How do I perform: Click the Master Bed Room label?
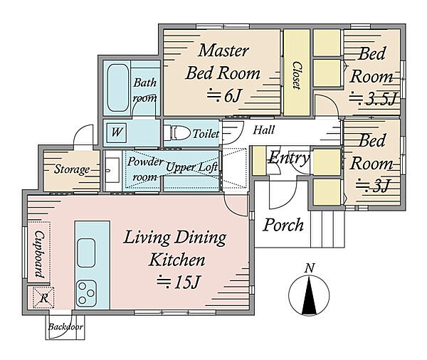tap(223, 62)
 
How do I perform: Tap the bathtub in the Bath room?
tap(118, 88)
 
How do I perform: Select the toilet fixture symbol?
tap(177, 133)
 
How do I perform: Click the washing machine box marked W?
tap(117, 132)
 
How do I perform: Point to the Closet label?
tap(297, 75)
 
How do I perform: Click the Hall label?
tap(263, 130)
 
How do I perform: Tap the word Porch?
tap(283, 226)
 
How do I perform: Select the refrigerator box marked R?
tap(43, 297)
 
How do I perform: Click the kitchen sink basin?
tap(86, 253)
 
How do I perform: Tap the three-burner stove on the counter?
tap(86, 293)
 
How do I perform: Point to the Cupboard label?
tap(40, 255)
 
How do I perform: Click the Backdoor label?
tap(65, 327)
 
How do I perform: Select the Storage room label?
tap(72, 169)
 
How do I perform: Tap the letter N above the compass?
tap(310, 268)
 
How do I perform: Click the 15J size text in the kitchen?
tap(179, 282)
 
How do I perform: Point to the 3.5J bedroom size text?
tap(373, 98)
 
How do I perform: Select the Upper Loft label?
tap(191, 167)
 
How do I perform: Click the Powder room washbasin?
tap(112, 170)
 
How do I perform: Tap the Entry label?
tap(289, 158)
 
